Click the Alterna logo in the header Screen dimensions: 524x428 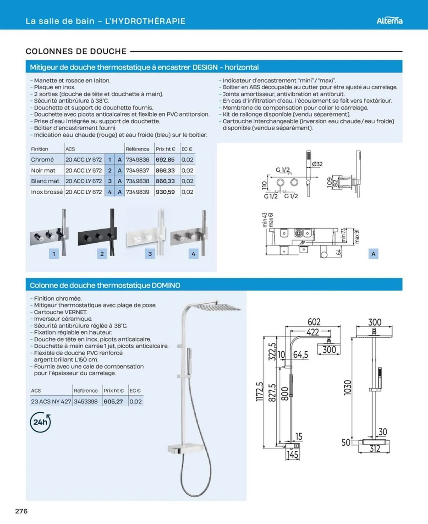(x=389, y=21)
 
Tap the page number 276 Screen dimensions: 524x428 (x=21, y=511)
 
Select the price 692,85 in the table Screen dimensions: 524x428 (x=165, y=160)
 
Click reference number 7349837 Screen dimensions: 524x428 (x=137, y=171)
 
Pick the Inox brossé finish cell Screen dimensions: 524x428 (x=47, y=192)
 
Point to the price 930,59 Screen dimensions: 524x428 (x=165, y=192)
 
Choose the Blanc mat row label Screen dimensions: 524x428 (x=45, y=181)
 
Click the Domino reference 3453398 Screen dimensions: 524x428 (x=86, y=401)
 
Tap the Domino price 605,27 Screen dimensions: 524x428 (x=113, y=401)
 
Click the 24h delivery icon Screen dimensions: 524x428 (x=40, y=422)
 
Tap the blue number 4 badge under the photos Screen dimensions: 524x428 (x=193, y=254)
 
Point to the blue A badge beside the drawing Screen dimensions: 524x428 (x=373, y=254)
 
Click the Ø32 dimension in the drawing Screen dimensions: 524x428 (x=317, y=164)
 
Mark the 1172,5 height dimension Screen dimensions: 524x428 (x=259, y=391)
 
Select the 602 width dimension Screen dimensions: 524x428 (x=314, y=322)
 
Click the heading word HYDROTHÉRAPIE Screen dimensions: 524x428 (x=145, y=21)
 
